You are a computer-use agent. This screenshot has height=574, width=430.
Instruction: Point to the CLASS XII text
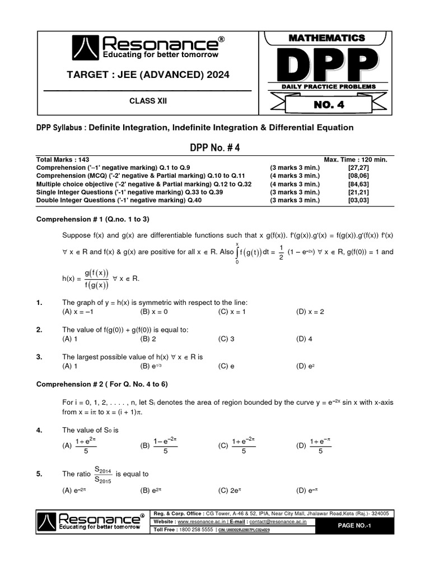tap(148, 101)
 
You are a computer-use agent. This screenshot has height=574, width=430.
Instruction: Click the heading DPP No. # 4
tap(215, 147)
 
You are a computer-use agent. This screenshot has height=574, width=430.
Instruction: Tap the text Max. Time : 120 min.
tap(356, 160)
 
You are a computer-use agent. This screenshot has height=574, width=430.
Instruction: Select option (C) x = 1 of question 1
tap(232, 312)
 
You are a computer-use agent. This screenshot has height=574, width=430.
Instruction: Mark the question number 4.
tap(39, 430)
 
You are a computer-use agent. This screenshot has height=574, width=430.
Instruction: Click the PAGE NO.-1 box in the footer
tap(356, 525)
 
